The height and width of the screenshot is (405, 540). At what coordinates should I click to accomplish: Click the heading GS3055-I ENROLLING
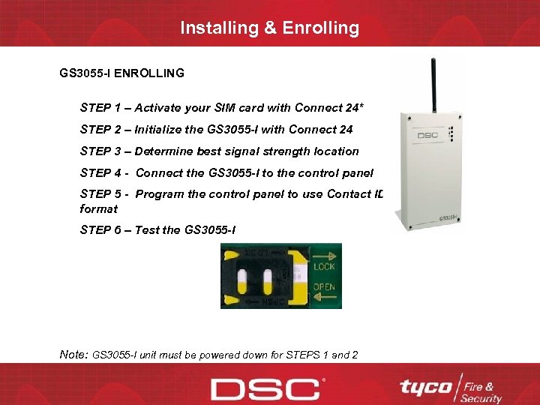(x=121, y=73)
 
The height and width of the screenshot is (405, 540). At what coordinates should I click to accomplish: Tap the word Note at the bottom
(x=73, y=353)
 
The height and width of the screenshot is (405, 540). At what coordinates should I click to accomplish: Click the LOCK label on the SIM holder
(x=325, y=266)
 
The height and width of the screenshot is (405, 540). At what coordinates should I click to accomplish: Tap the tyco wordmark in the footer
(x=425, y=387)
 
